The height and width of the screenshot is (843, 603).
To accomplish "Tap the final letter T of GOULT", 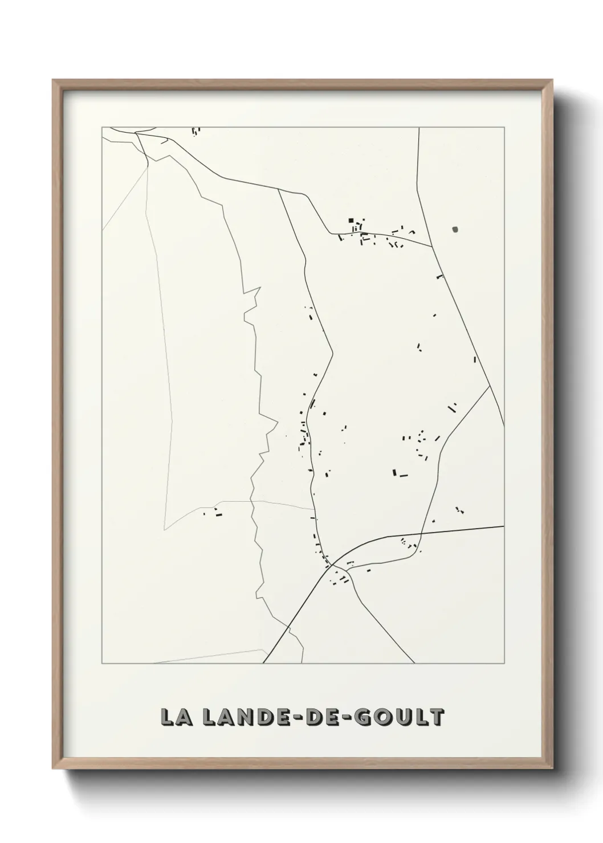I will (437, 717).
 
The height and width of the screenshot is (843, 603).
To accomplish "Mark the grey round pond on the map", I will (455, 230).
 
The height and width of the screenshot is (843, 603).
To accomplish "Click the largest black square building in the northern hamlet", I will (351, 220).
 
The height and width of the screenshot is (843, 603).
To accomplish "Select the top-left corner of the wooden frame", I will (54, 81).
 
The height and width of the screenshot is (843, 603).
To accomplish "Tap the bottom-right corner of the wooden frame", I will (552, 767).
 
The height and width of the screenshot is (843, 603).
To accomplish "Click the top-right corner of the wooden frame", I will (552, 81).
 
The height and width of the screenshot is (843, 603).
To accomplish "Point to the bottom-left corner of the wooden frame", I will (54, 767).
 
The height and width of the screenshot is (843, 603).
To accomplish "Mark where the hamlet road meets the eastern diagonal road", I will (431, 247).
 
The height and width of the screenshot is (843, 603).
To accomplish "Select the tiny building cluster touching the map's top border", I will (196, 131).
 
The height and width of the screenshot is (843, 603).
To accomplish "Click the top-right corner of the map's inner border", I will (504, 127).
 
